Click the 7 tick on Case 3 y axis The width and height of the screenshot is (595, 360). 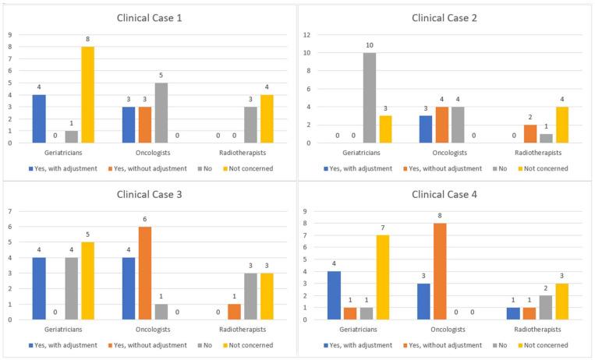tap(10, 211)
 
